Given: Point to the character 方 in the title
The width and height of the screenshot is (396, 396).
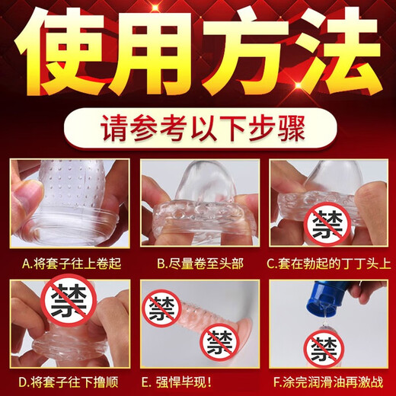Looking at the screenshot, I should click(244, 56).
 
